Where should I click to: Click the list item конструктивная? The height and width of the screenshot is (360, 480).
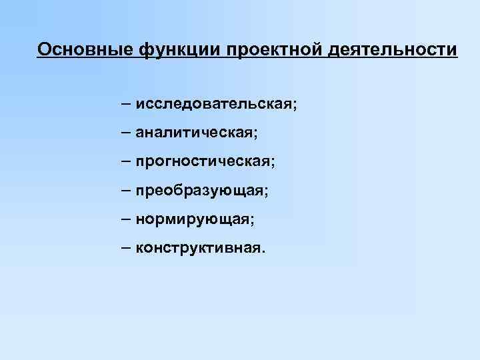pos(199,249)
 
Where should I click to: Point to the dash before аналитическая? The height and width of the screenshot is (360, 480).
pos(126,133)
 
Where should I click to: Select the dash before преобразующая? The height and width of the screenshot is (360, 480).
pos(126,191)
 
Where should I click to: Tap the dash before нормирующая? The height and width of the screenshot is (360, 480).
pos(126,219)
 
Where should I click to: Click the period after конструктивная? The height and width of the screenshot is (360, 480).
pos(263,253)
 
